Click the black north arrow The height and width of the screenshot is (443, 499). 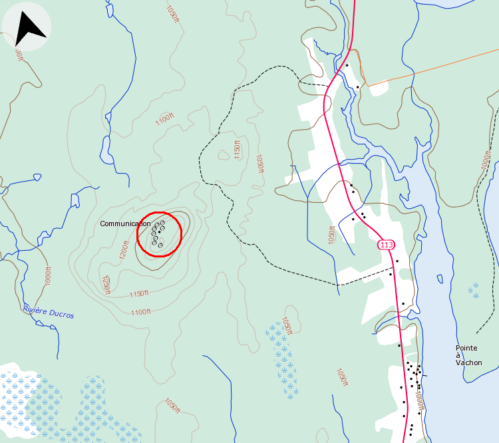click(x=29, y=27)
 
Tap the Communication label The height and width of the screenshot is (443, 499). click(x=125, y=223)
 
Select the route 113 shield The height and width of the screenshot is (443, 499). click(x=386, y=245)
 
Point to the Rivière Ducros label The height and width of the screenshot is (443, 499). click(x=48, y=311)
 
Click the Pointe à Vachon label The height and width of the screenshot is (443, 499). click(x=468, y=355)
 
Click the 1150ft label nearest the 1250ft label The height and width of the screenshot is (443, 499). click(x=138, y=293)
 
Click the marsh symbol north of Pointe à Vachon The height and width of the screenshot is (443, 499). click(x=474, y=289)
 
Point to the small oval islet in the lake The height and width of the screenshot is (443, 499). click(x=439, y=278)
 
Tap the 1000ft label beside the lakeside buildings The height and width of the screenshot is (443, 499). click(x=419, y=402)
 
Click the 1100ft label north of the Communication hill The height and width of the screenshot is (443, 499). click(x=164, y=120)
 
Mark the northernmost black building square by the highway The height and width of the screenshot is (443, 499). click(x=347, y=65)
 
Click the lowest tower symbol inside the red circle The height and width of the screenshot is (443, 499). click(x=160, y=245)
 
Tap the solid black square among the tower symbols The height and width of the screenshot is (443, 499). click(x=159, y=231)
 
